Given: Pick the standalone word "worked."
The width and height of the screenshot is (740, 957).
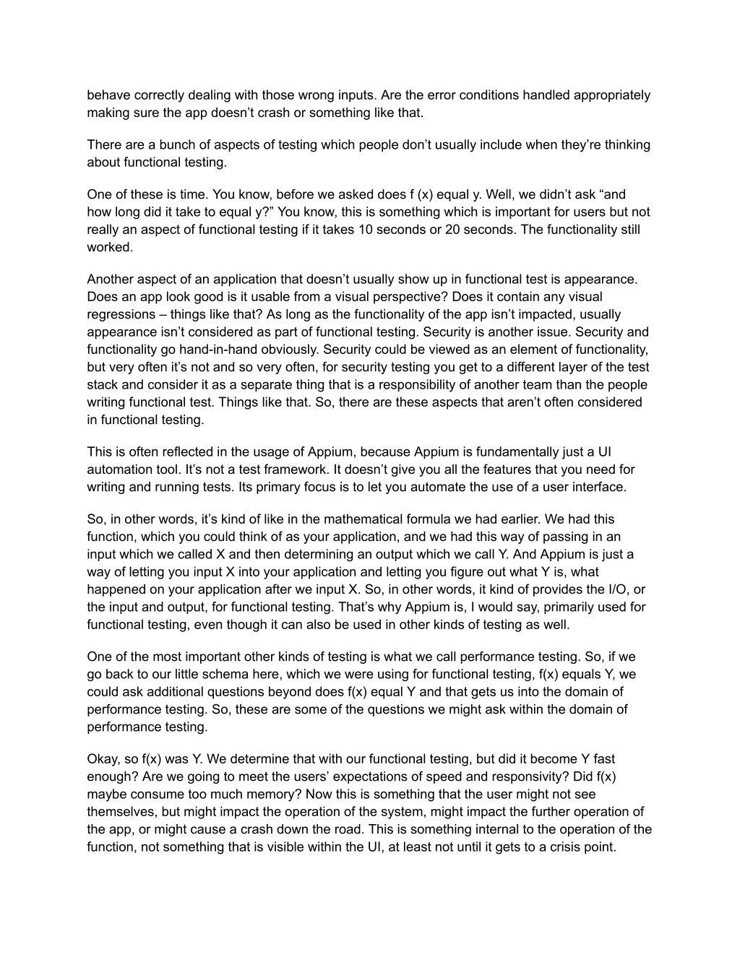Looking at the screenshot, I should tap(110, 248).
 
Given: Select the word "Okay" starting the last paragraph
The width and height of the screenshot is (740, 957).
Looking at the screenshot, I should tap(101, 759).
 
